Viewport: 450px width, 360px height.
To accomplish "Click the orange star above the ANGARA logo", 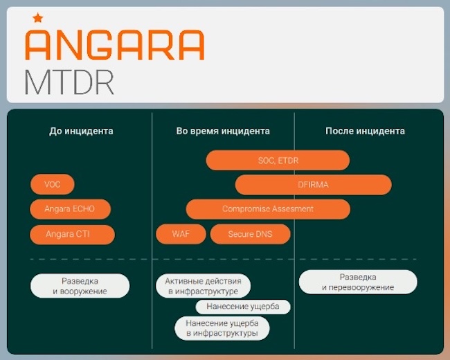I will coord(37,18).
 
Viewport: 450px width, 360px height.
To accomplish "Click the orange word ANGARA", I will coord(114,44).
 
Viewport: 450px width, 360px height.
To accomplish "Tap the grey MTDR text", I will coord(69,82).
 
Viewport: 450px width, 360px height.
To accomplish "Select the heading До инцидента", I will coord(81,131).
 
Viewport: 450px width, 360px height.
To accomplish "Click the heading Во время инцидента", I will coord(223,131).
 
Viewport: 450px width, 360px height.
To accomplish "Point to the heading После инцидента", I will coord(365,131).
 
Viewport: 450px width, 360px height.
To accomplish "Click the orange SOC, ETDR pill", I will coord(278,161).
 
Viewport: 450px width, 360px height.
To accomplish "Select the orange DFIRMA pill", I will coord(313,185).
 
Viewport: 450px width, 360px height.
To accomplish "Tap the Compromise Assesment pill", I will coord(268,209).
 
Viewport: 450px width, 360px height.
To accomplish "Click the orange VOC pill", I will coord(53,185).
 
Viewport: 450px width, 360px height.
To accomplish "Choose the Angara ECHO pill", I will coord(71,209).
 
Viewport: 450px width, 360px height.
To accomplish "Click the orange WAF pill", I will coord(181,234).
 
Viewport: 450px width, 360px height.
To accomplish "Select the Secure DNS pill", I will coord(250,234).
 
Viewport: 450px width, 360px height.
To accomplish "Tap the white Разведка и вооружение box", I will coord(80,286).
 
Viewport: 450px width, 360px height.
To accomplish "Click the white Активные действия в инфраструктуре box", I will coord(203,286).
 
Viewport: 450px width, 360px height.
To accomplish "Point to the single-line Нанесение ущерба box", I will coord(242,307).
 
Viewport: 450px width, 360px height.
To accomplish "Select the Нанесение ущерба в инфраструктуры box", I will coord(222,328).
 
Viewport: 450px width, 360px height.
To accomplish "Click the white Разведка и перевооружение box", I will coord(358,282).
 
